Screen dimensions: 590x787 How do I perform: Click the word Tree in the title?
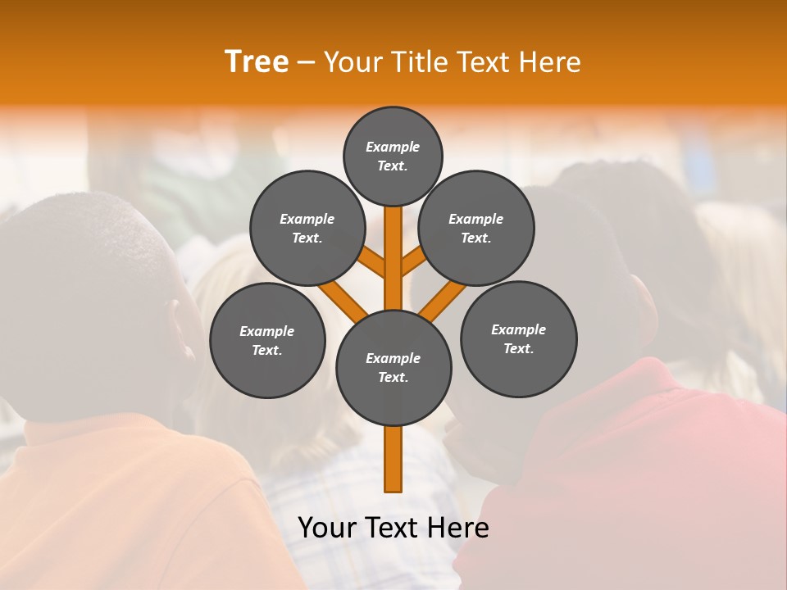click(x=257, y=62)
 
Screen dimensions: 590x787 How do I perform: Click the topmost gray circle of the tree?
click(x=393, y=156)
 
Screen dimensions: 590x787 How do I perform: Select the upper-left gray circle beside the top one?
click(x=307, y=228)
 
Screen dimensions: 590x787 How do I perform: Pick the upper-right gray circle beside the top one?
click(x=476, y=228)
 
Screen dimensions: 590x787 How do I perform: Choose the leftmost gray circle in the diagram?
click(x=267, y=340)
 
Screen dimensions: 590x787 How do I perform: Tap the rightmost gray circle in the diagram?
click(x=518, y=338)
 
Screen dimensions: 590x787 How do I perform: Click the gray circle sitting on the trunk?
click(x=393, y=367)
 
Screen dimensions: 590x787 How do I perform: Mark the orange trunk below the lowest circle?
click(x=393, y=459)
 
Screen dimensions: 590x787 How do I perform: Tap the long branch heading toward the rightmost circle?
click(x=443, y=299)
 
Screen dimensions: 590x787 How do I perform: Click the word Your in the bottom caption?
click(x=326, y=528)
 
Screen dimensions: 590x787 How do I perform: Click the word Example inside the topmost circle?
click(x=393, y=147)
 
